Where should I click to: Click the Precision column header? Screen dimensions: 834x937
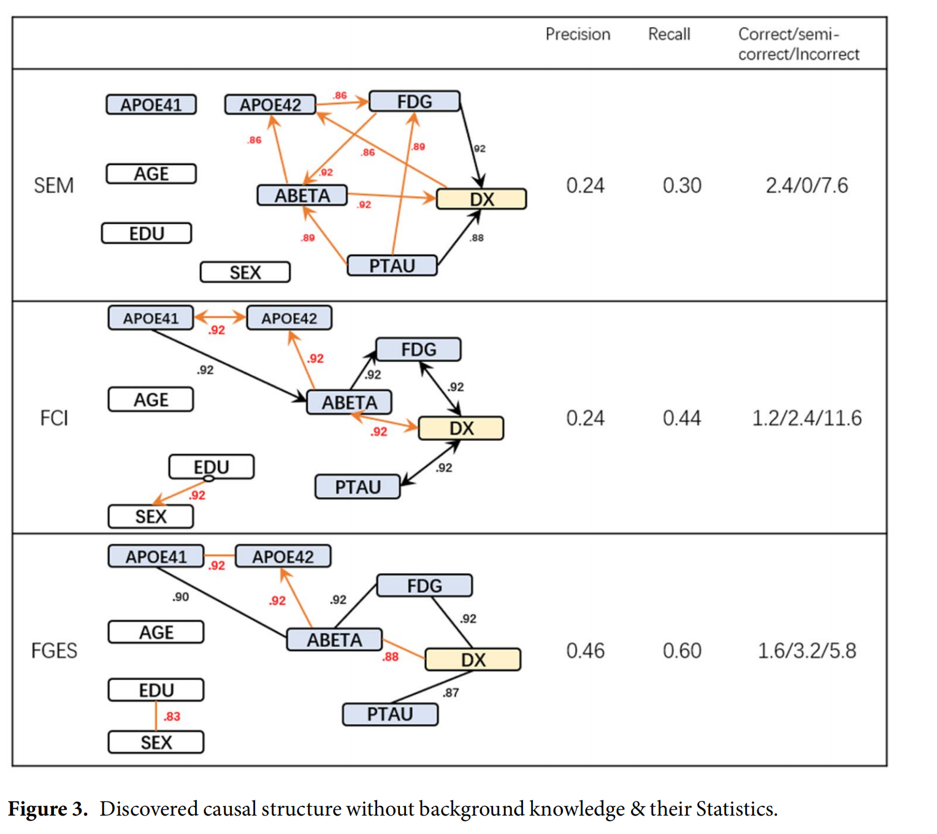[x=578, y=34]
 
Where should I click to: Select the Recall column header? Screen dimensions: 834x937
[x=669, y=34]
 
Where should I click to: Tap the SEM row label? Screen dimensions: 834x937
[x=53, y=185]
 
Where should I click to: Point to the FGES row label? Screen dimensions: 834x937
[x=54, y=650]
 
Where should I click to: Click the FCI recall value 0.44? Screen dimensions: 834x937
[x=682, y=418]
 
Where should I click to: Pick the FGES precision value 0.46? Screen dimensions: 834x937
[x=585, y=651]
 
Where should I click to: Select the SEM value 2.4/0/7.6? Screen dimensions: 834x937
[x=806, y=185]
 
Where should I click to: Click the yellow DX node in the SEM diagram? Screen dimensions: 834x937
[x=481, y=199]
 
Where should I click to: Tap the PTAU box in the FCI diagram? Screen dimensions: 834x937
[x=358, y=487]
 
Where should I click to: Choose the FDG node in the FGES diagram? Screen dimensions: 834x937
[x=424, y=586]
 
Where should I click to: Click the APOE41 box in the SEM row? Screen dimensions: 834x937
[x=151, y=105]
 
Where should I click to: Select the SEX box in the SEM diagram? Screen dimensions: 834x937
[x=245, y=272]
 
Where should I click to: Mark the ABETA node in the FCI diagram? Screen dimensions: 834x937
[x=349, y=402]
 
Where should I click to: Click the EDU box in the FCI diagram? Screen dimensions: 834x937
[x=212, y=467]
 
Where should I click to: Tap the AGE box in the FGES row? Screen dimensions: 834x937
[x=156, y=632]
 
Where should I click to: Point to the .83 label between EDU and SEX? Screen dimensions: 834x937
[x=172, y=716]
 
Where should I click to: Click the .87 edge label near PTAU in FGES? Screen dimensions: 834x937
[x=451, y=692]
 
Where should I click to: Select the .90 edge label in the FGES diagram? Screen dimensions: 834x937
[x=180, y=597]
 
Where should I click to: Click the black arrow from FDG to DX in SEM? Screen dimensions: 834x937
[x=470, y=144]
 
